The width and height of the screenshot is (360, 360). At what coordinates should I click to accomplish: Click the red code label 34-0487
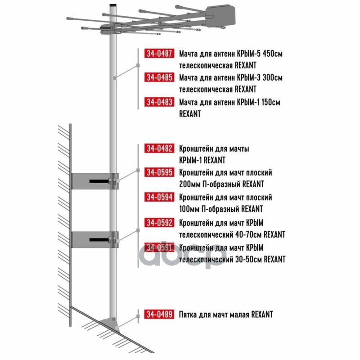pyautogui.click(x=159, y=53)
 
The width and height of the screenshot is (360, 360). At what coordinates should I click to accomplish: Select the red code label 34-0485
pyautogui.click(x=159, y=77)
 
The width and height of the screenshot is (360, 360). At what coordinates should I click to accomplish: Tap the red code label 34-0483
pyautogui.click(x=159, y=102)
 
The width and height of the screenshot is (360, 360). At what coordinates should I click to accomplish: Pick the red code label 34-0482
pyautogui.click(x=159, y=148)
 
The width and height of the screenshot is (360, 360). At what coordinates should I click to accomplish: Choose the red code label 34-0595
pyautogui.click(x=159, y=172)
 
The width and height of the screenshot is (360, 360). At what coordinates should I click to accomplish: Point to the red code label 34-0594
pyautogui.click(x=159, y=197)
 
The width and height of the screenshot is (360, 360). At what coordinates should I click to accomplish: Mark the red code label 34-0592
pyautogui.click(x=159, y=222)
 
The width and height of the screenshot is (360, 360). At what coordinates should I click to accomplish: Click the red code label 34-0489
pyautogui.click(x=159, y=314)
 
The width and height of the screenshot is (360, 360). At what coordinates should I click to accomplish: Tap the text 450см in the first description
pyautogui.click(x=273, y=54)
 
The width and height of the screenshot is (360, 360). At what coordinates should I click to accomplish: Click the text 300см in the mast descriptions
pyautogui.click(x=273, y=77)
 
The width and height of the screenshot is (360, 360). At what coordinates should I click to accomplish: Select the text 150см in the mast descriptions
pyautogui.click(x=271, y=102)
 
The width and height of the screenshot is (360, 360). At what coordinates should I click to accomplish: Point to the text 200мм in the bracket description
pyautogui.click(x=189, y=184)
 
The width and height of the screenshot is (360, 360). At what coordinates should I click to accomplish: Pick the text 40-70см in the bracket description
pyautogui.click(x=249, y=234)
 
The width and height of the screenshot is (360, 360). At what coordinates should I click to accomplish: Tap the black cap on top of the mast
pyautogui.click(x=113, y=5)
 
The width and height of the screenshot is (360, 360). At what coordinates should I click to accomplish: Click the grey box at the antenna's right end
pyautogui.click(x=220, y=15)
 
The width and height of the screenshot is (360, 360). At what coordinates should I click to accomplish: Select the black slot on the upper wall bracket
pyautogui.click(x=99, y=181)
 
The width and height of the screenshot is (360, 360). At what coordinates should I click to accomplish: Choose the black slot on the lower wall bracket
pyautogui.click(x=99, y=240)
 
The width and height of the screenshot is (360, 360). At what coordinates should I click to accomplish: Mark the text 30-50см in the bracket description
pyautogui.click(x=249, y=259)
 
